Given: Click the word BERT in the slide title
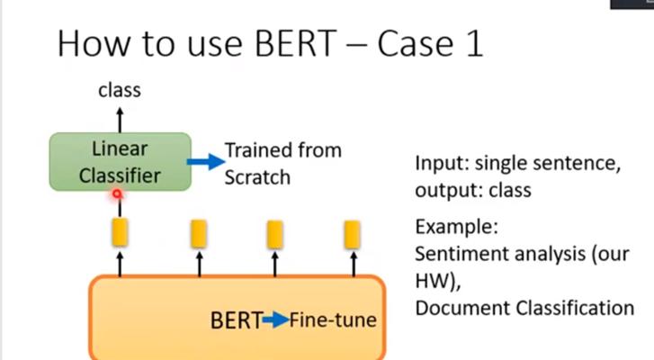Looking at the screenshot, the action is pyautogui.click(x=296, y=43).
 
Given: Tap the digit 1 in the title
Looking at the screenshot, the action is pyautogui.click(x=474, y=43).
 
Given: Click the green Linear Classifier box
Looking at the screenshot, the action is pyautogui.click(x=121, y=162).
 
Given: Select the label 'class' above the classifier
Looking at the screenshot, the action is pyautogui.click(x=120, y=90).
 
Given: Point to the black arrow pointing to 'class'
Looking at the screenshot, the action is pyautogui.click(x=120, y=120).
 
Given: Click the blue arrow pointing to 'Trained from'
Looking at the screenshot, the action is pyautogui.click(x=206, y=161).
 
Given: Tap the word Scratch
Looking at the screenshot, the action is pyautogui.click(x=257, y=177).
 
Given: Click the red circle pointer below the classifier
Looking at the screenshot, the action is pyautogui.click(x=118, y=194).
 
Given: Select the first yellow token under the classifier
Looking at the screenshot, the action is pyautogui.click(x=121, y=232).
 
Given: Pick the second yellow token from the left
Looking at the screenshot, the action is pyautogui.click(x=199, y=234).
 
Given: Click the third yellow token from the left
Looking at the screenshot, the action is pyautogui.click(x=275, y=235).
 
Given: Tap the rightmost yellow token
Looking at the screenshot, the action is pyautogui.click(x=353, y=235).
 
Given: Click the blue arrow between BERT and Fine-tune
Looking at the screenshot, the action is pyautogui.click(x=275, y=320).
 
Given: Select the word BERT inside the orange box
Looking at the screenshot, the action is pyautogui.click(x=237, y=320).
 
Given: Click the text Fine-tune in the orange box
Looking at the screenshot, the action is pyautogui.click(x=333, y=320).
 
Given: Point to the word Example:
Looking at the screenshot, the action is pyautogui.click(x=457, y=228).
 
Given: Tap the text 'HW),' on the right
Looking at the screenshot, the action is pyautogui.click(x=438, y=281).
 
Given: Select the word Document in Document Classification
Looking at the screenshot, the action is pyautogui.click(x=463, y=309).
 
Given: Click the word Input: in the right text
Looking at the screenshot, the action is pyautogui.click(x=442, y=163).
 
